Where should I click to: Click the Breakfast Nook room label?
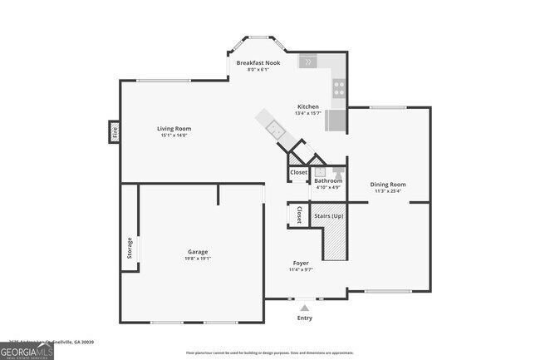click(x=258, y=62)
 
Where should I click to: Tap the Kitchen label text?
click(x=309, y=106)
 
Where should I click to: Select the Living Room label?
click(x=175, y=128)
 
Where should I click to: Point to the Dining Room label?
click(x=388, y=184)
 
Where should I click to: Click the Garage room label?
click(x=198, y=251)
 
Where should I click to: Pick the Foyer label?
click(x=301, y=263)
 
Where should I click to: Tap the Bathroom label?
click(x=328, y=180)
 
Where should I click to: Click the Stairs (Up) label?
click(x=329, y=216)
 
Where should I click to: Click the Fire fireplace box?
click(x=115, y=131)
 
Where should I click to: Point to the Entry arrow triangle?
click(x=304, y=308)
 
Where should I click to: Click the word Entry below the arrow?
click(x=305, y=318)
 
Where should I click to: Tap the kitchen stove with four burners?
click(x=339, y=87)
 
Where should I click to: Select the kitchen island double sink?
click(x=273, y=127)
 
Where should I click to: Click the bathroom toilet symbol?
click(x=338, y=172)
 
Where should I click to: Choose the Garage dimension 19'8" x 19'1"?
click(x=198, y=258)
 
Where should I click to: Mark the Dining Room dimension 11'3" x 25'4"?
click(x=388, y=191)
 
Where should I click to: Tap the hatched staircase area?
click(x=333, y=240)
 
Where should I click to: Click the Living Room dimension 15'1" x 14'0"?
click(x=175, y=136)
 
